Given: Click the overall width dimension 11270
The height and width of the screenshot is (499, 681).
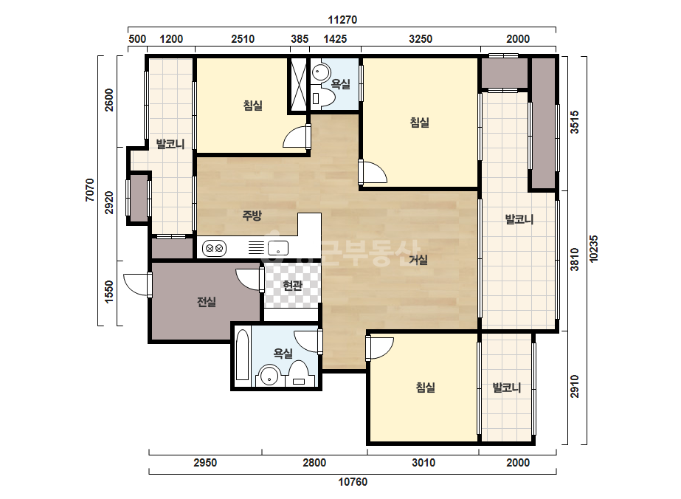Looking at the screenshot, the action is coord(342,20).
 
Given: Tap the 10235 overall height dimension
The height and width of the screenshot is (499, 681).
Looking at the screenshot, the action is coord(594,249).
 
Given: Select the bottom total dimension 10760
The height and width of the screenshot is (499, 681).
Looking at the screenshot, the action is coord(353,481).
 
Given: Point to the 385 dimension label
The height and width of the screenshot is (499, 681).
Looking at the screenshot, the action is coord(300,39).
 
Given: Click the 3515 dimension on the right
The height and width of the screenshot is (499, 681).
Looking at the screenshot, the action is coord(574,122).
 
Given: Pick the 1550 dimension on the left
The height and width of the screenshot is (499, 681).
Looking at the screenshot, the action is coord(108,292).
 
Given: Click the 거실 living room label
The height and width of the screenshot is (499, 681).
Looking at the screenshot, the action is coord(418,260).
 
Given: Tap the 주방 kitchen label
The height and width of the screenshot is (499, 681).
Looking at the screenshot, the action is coord(252,215).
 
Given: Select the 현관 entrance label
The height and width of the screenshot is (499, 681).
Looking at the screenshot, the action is coord(292,286).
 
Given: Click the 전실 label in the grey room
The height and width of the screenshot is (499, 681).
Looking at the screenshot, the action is coord(207,302).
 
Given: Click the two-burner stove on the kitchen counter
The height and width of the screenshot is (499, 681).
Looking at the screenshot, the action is coord(214,249).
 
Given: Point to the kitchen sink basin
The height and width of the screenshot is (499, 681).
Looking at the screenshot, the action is coord(278,248).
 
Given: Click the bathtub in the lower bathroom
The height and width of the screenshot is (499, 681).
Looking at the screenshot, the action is coord(242,355).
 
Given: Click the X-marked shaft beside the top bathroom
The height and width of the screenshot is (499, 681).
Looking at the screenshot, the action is coord(299,85).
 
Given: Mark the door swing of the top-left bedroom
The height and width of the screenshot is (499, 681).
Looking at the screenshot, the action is coord(296,137).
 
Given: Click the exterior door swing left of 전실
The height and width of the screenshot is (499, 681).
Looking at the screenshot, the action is coord(136,285).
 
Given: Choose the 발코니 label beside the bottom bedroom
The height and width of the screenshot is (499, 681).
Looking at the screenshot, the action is coord(506,388).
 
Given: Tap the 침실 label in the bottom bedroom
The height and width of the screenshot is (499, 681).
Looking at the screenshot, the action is coord(425,388).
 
